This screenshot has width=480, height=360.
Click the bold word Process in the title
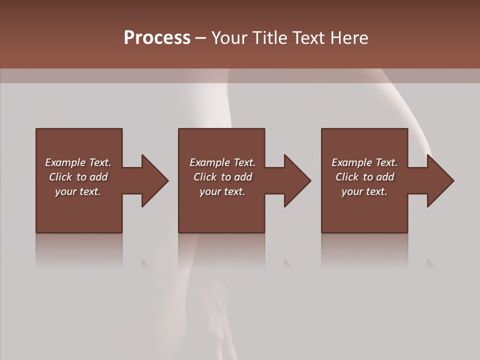click(x=157, y=38)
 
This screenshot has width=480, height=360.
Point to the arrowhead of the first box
click(x=154, y=180)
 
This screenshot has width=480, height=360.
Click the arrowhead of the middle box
click(x=297, y=180)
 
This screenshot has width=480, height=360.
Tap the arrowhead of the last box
click(x=440, y=180)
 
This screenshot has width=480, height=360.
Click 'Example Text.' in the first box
click(x=78, y=162)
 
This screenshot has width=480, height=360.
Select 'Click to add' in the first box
click(x=78, y=177)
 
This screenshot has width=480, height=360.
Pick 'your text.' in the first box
click(x=78, y=191)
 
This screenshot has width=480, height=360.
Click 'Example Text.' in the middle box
click(x=222, y=162)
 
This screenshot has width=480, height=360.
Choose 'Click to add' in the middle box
click(x=222, y=177)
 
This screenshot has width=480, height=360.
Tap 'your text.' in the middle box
click(x=222, y=191)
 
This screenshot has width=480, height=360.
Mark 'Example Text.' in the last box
click(x=364, y=162)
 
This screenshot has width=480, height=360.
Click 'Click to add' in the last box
click(x=364, y=177)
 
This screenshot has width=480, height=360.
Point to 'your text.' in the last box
click(x=364, y=191)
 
